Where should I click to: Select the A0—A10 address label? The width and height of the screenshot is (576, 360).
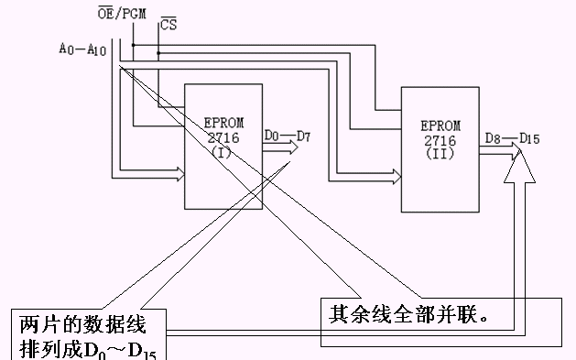tap(83, 49)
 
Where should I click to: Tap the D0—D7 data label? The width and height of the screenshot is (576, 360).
tap(287, 136)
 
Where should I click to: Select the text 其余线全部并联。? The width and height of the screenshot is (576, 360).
tap(412, 312)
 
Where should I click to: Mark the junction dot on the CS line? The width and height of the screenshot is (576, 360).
tap(158, 53)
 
